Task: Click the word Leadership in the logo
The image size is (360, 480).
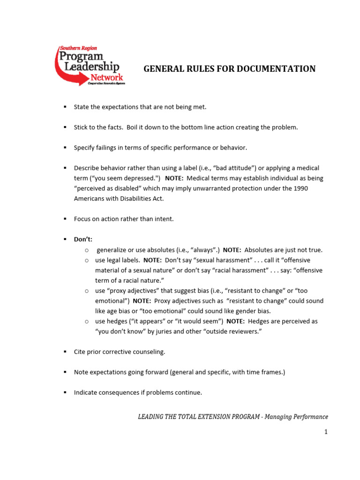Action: pyautogui.click(x=88, y=67)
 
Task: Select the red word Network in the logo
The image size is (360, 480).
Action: pyautogui.click(x=106, y=77)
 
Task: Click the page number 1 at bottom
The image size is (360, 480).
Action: pyautogui.click(x=325, y=432)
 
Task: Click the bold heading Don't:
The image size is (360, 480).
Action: pyautogui.click(x=83, y=239)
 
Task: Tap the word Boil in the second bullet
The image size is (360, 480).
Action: pyautogui.click(x=133, y=127)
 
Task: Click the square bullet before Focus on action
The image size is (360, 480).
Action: pyautogui.click(x=65, y=219)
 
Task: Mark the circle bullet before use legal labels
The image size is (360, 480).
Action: pyautogui.click(x=87, y=260)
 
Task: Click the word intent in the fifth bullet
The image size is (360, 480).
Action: pyautogui.click(x=165, y=219)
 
